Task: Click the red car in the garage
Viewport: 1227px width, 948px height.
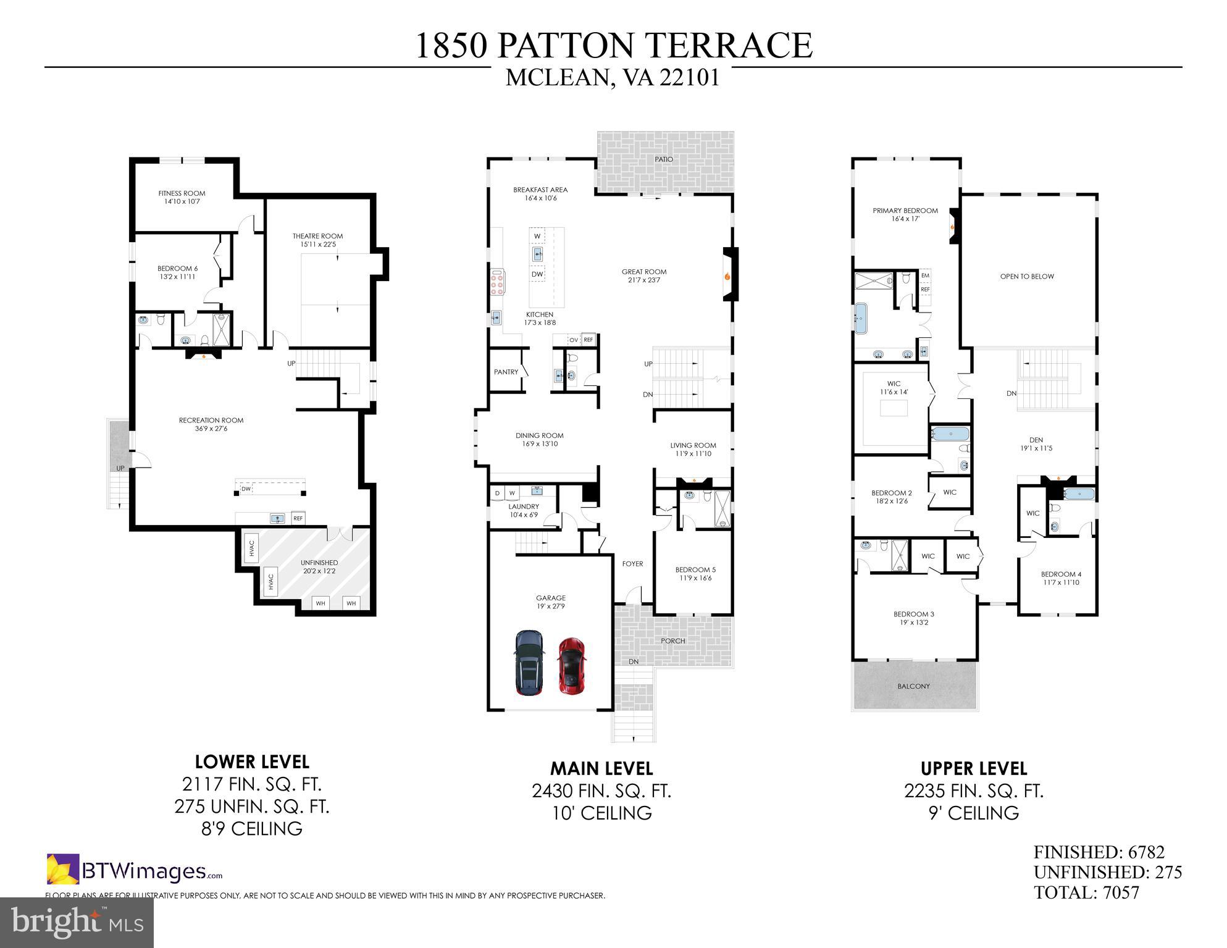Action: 572,666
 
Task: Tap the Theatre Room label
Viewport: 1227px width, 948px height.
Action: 317,236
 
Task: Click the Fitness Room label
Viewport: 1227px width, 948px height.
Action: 182,193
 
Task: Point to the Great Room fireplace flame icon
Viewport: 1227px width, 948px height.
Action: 727,277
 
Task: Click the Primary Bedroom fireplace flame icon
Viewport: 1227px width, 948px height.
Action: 953,227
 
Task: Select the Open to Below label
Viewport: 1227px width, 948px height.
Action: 1027,276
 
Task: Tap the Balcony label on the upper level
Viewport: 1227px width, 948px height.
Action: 913,686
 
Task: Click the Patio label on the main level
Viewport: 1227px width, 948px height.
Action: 664,159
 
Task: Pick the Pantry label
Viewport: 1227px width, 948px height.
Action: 506,372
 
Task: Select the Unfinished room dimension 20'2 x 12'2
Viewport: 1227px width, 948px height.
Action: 319,571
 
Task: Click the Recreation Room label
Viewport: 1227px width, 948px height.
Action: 211,420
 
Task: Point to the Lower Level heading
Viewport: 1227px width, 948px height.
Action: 252,761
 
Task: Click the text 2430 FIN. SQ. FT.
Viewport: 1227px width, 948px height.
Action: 601,791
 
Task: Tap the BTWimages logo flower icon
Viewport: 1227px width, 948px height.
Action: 63,868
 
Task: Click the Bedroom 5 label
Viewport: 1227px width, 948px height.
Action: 695,569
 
